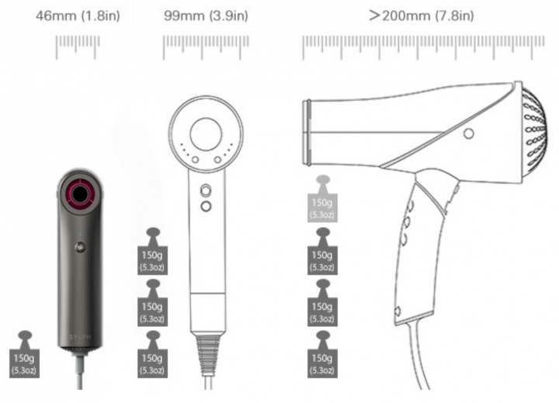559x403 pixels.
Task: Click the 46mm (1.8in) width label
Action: [78, 16]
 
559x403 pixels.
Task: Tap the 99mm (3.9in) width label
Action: [206, 16]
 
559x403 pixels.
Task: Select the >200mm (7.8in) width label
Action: [422, 16]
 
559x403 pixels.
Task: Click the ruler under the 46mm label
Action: [78, 47]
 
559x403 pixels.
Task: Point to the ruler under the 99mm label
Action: [206, 47]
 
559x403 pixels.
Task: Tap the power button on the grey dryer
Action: [80, 247]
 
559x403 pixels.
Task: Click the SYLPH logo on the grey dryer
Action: [80, 337]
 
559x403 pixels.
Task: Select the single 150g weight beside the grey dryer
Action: [24, 354]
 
